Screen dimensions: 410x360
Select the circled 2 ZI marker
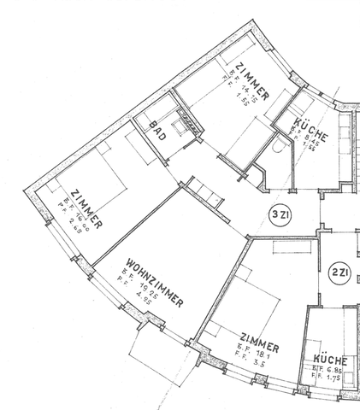338,273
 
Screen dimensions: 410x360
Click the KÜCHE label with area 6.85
330,362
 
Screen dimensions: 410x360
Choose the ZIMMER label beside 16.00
87,208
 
